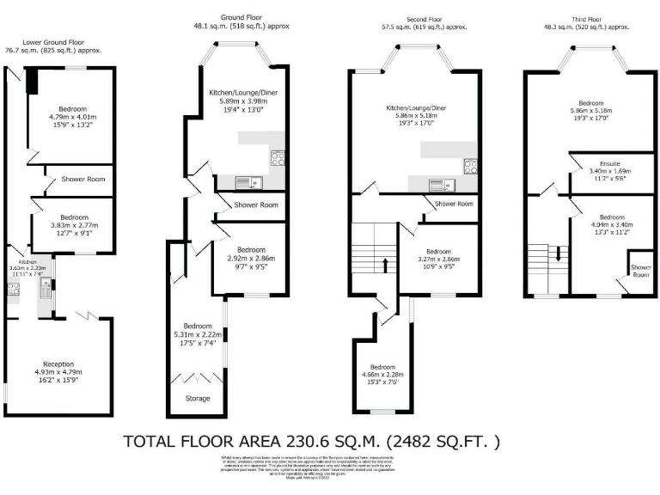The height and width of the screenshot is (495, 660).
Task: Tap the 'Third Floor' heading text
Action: coord(593,18)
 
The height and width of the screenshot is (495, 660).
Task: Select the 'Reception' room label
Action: coord(58,364)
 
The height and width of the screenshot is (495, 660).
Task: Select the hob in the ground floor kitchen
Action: coord(278,157)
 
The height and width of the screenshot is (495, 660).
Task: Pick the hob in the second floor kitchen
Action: coord(470,166)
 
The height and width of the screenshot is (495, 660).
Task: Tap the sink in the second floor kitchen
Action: coord(438,183)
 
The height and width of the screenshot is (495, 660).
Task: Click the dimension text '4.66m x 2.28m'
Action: coord(386,374)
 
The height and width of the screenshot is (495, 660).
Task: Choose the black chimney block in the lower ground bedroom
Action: coord(32,80)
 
